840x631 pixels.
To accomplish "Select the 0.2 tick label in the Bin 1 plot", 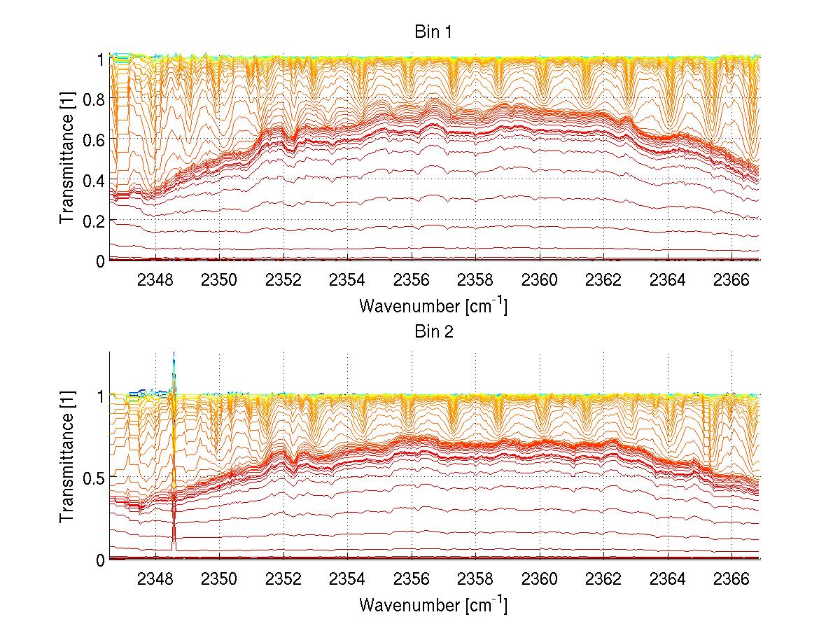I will click(x=94, y=220).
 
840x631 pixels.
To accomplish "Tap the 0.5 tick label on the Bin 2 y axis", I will click(x=94, y=477).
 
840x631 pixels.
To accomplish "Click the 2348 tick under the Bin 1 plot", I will click(x=155, y=279).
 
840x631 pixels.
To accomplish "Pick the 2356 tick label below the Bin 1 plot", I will click(x=412, y=279).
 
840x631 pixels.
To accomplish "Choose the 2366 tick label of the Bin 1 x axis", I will click(x=732, y=279).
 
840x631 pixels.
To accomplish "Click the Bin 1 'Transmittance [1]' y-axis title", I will click(x=66, y=160).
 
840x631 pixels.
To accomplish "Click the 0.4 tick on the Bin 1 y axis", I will click(x=94, y=180).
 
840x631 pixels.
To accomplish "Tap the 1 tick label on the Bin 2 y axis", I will click(x=101, y=396).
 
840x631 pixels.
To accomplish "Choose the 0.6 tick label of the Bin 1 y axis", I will click(x=94, y=139).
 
